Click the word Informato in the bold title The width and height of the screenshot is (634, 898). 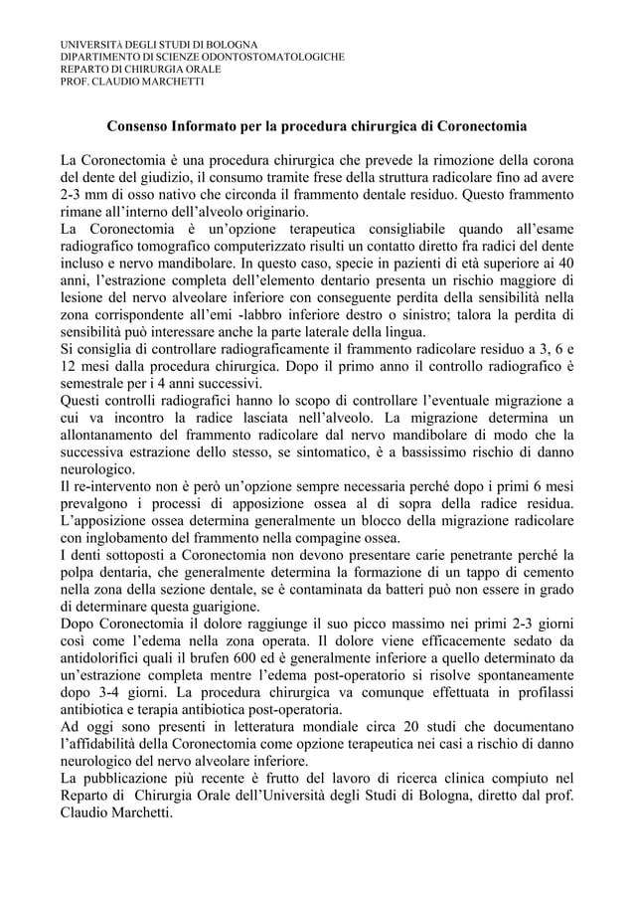point(219,128)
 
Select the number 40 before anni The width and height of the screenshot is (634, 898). point(562,264)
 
